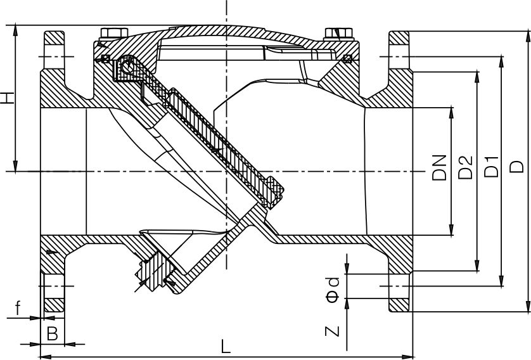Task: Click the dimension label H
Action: coord(7,98)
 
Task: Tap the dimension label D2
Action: coord(466,167)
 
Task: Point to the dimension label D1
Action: coord(490,167)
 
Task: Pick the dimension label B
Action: coord(53,333)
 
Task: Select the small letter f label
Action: coord(18,309)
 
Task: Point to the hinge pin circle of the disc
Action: coord(129,63)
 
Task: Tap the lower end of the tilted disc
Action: coord(276,193)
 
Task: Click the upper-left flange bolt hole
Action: coord(54,56)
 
